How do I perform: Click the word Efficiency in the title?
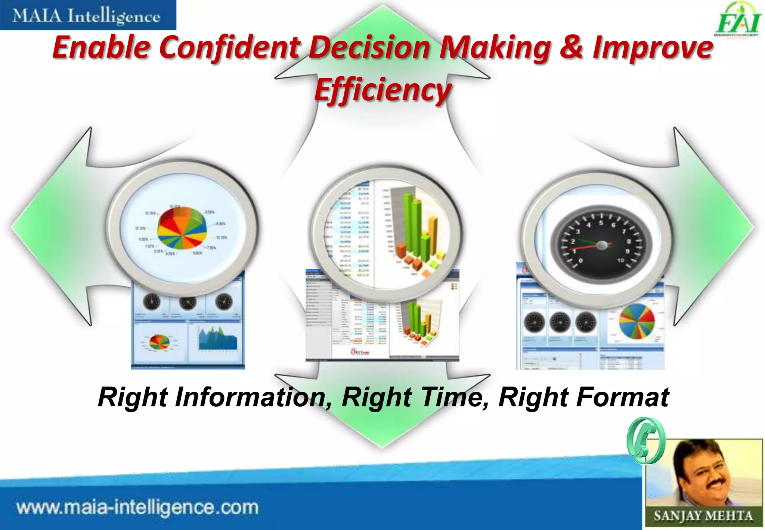[383, 90]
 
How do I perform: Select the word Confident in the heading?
[230, 47]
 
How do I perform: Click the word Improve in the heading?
[653, 47]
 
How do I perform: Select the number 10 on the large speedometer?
[620, 260]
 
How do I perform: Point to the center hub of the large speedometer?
[602, 245]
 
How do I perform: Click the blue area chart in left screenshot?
[218, 339]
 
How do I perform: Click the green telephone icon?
[645, 440]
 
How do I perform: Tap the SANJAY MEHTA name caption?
[703, 516]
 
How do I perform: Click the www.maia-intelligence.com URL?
[137, 508]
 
